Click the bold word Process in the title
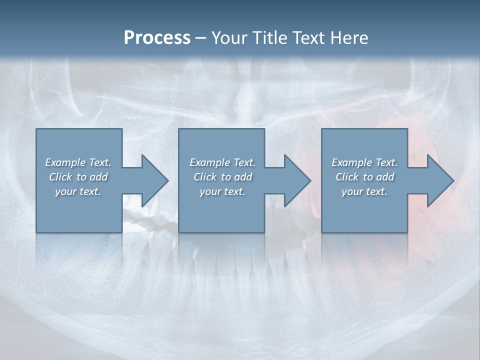[x=157, y=38]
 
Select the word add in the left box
[x=98, y=177]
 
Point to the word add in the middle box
[x=243, y=177]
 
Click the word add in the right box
[x=385, y=177]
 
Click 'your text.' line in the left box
[x=78, y=191]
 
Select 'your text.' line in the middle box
[x=222, y=191]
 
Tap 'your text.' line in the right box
[x=364, y=191]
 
